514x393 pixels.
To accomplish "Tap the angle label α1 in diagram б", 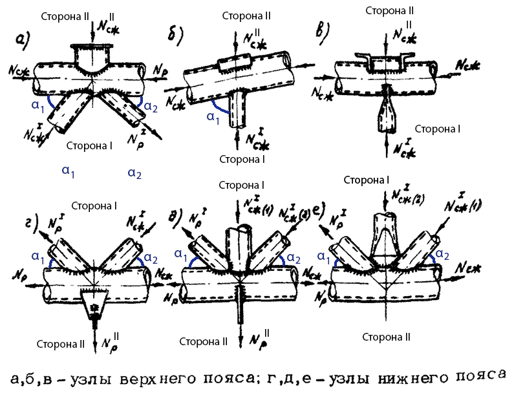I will pyautogui.click(x=211, y=116).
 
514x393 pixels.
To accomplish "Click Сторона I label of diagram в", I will pyautogui.click(x=437, y=129).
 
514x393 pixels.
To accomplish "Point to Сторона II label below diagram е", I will pyautogui.click(x=387, y=337).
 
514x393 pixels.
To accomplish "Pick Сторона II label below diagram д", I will pyautogui.click(x=204, y=341).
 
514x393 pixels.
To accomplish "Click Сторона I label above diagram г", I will pyautogui.click(x=94, y=206).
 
